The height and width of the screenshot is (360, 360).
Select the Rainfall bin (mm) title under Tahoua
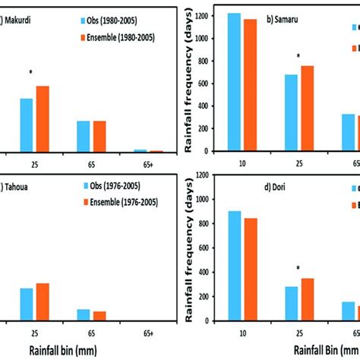point(77,350)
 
